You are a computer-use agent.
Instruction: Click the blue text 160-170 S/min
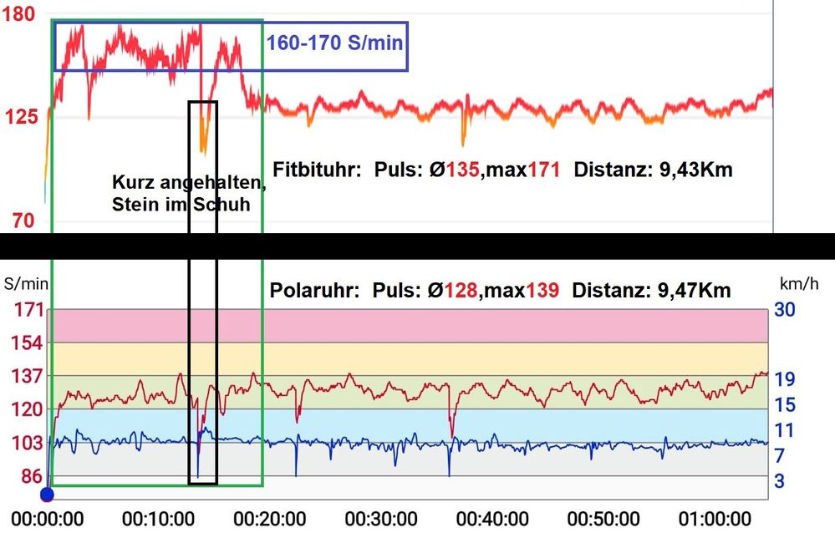(x=335, y=42)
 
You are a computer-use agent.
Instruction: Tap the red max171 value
(x=530, y=170)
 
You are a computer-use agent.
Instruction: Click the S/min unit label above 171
(x=25, y=284)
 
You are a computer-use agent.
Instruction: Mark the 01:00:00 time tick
(x=715, y=518)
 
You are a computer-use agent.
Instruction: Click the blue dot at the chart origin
(x=48, y=495)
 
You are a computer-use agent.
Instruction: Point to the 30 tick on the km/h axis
(x=787, y=310)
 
